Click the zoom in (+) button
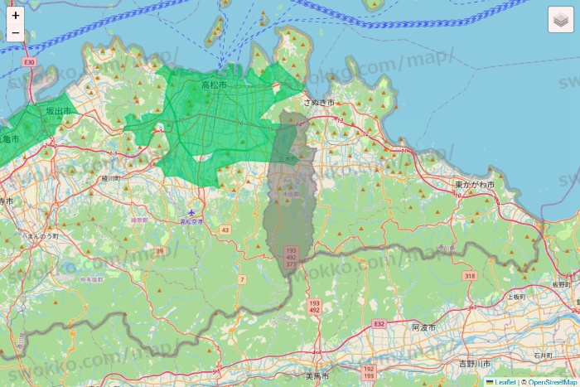coord(16,15)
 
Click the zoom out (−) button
coord(16,33)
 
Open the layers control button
coord(562,19)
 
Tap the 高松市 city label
coord(214,85)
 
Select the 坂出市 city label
coord(60,109)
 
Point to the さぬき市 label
coord(318,102)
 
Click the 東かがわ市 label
coord(474,184)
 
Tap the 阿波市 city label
coord(423,327)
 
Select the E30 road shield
coord(30,62)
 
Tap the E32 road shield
coord(379,322)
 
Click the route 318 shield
coord(470,275)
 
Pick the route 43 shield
coord(224,230)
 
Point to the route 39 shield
coord(160,250)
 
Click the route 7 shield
coord(243,279)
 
